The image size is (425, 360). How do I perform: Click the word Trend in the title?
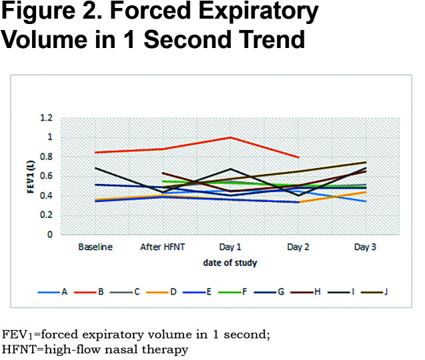tap(264, 39)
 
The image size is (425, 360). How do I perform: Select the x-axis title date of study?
tap(230, 263)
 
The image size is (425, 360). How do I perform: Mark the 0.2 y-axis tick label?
tap(46, 215)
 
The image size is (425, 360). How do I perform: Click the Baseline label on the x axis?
tap(95, 247)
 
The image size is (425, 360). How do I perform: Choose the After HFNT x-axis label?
tap(162, 247)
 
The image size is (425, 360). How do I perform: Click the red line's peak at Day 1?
tap(230, 137)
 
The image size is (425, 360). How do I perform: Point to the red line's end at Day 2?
tap(298, 157)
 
